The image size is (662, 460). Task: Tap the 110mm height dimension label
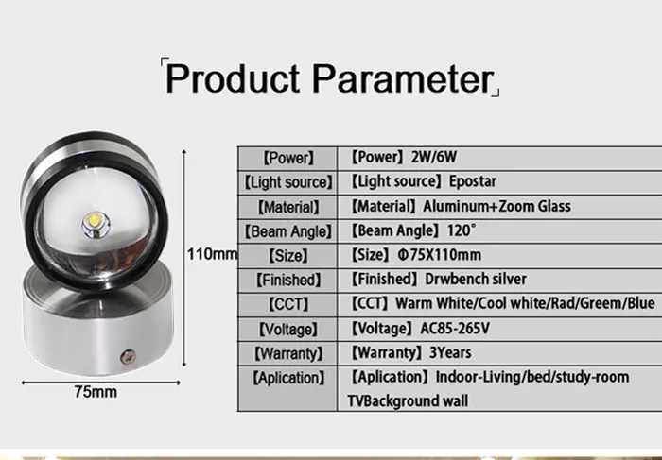(x=212, y=254)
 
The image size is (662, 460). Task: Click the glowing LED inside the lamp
(x=98, y=220)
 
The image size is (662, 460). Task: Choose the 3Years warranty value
(x=452, y=353)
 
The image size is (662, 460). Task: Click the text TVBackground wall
(x=408, y=401)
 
